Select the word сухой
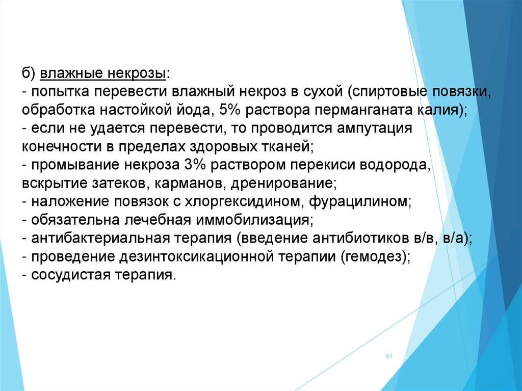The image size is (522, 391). [322, 92]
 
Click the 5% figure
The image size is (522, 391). [229, 110]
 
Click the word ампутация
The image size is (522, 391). [375, 129]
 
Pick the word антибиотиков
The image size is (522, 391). [357, 239]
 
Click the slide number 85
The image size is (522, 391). [389, 356]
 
